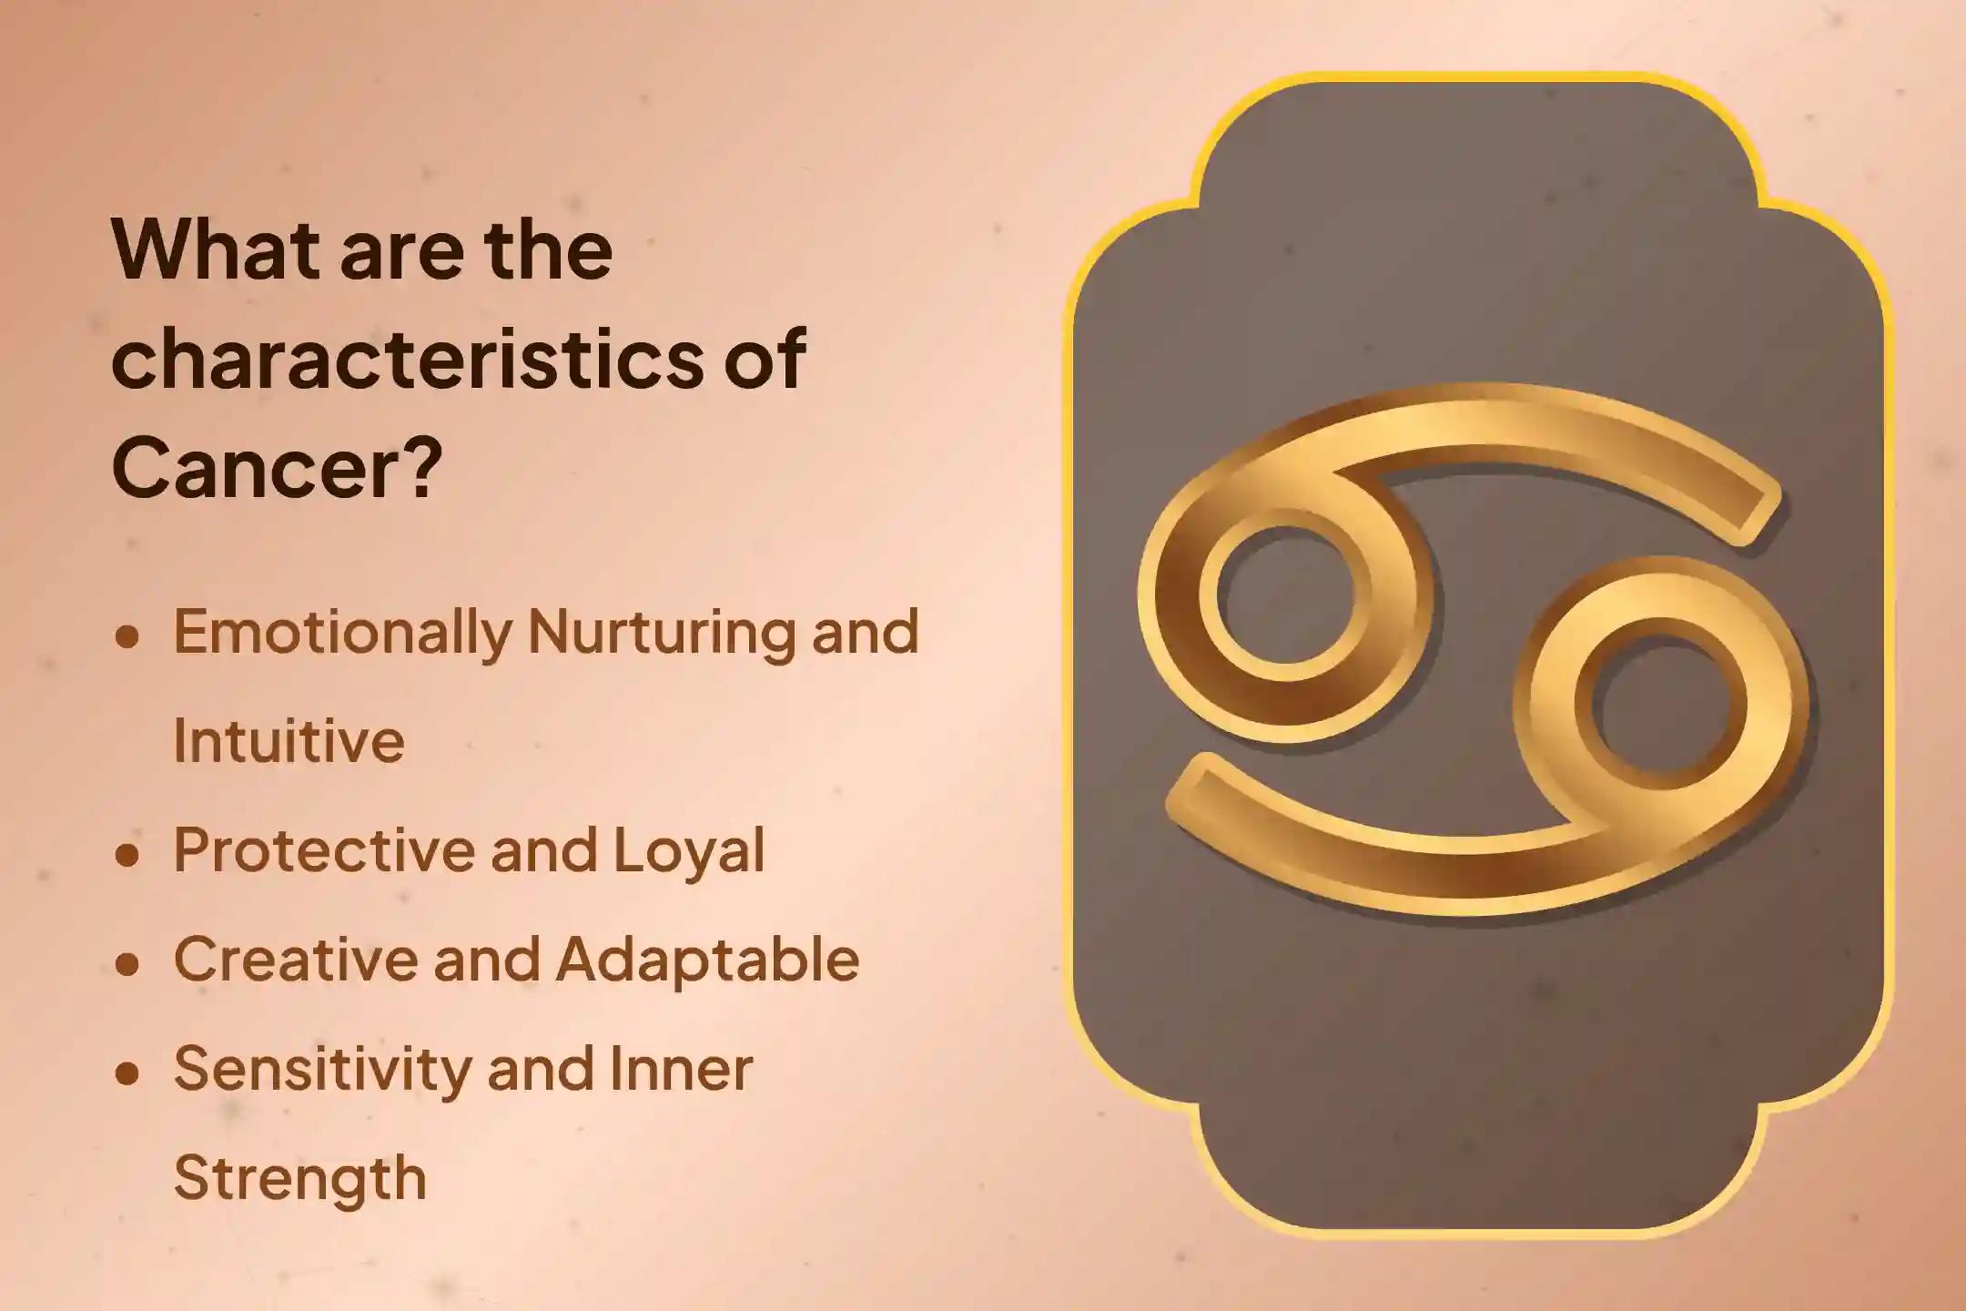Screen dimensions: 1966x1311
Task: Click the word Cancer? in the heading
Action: [x=277, y=468]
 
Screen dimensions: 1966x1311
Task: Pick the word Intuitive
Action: [x=289, y=740]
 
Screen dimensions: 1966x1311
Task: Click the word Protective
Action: [x=324, y=849]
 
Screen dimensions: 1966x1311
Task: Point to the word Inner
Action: [x=681, y=1068]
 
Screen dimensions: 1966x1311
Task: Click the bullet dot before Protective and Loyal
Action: [x=127, y=855]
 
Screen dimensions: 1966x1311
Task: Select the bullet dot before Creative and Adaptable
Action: [x=127, y=964]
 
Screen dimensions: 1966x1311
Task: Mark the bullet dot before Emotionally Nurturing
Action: [x=127, y=636]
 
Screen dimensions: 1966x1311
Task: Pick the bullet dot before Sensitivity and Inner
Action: [x=127, y=1073]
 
